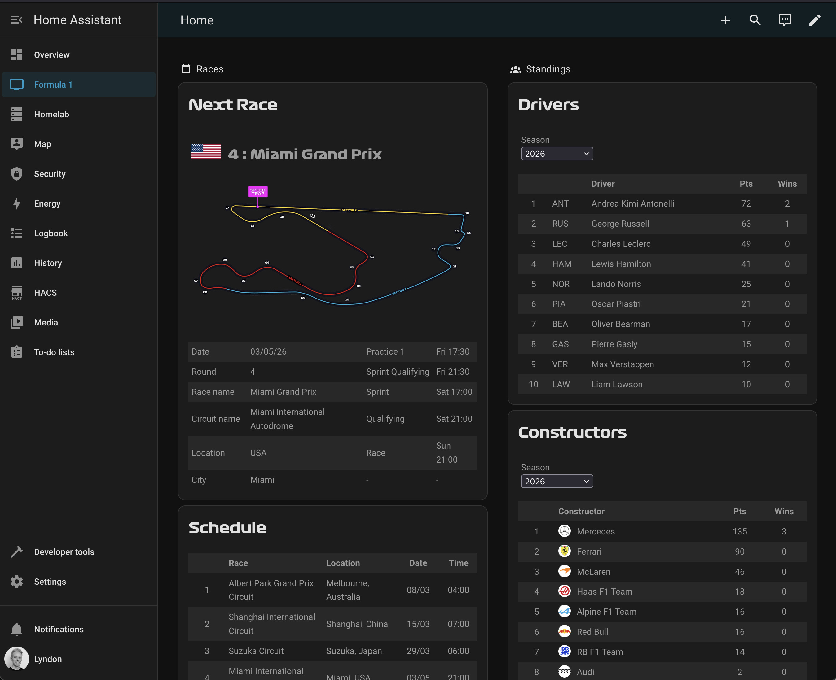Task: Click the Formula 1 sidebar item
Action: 53,85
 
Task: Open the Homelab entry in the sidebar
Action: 51,114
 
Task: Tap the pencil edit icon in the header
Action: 814,20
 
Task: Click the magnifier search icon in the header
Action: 755,20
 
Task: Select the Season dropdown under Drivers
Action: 557,154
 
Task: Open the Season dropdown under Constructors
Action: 557,482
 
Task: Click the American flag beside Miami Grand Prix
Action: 206,151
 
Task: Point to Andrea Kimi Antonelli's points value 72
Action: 746,204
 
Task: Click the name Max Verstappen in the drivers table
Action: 623,364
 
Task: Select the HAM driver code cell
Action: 561,264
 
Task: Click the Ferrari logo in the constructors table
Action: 564,551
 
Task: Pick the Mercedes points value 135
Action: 740,532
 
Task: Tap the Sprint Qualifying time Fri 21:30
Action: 453,372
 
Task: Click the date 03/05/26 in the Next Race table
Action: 268,352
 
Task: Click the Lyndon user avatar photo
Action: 16,659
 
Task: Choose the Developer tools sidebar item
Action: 64,552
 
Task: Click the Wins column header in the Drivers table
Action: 787,184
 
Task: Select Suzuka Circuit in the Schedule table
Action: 256,651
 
